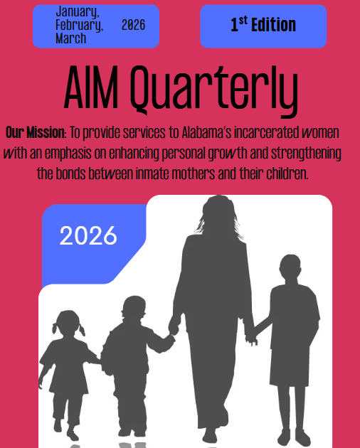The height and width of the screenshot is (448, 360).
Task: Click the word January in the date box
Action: pos(78,12)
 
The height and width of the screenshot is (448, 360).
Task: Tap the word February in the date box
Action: pos(79,25)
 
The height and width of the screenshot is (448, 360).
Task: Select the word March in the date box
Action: pos(70,38)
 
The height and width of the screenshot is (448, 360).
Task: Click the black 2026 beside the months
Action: pos(133,25)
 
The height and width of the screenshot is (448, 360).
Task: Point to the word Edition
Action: pos(273,25)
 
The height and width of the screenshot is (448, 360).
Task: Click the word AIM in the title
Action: pos(90,87)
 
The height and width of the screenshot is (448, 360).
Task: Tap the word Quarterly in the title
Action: pos(214,91)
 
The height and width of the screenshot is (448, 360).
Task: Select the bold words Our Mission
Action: pos(36,132)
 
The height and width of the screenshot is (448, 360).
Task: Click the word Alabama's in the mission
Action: pos(206,132)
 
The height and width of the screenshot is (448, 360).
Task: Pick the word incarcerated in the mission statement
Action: pos(267,132)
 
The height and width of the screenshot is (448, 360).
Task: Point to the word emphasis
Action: pos(68,154)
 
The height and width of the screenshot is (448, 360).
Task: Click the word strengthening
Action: pos(306,154)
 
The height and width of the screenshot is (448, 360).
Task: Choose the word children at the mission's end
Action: pos(287,174)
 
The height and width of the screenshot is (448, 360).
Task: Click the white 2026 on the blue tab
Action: pos(88,235)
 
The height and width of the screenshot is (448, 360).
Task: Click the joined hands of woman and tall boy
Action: pos(251,338)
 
